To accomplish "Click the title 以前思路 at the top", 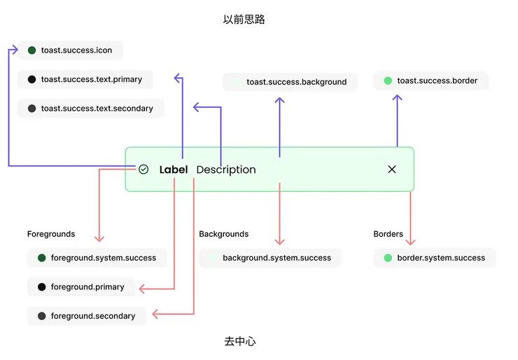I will pos(244,20).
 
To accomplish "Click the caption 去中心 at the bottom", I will pos(239,341).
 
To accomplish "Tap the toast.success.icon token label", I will pos(76,50).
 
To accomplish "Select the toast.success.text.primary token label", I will pos(91,80).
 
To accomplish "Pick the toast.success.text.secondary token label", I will pos(97,109).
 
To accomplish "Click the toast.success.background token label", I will pos(296,82).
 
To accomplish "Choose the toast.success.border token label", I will pos(437,81).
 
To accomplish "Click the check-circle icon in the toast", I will pos(143,169).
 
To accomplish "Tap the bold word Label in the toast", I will pos(174,169).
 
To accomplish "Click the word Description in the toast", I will pos(226,169).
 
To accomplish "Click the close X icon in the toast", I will pos(392,169).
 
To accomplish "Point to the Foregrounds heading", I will pos(51,234).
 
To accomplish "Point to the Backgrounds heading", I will pos(223,234).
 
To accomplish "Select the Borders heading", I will pos(388,234).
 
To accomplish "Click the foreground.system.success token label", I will pos(103,258).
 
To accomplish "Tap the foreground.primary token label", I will pos(87,287).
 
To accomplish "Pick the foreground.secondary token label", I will pos(93,316).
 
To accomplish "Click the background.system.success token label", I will pos(276,258).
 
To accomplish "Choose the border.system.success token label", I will pos(441,258).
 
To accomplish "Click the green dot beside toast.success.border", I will pos(388,81).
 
